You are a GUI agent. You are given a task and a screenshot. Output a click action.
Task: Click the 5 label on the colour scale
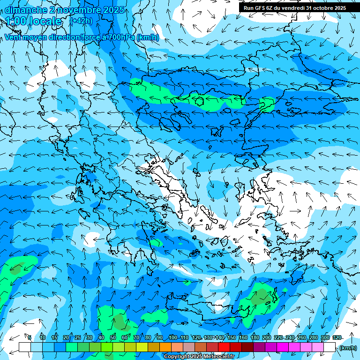click(x=30, y=337)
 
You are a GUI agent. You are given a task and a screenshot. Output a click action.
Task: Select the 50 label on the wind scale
click(x=113, y=337)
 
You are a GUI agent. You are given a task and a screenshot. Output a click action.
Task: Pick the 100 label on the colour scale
click(x=173, y=337)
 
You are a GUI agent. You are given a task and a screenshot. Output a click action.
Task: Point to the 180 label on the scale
click(x=255, y=337)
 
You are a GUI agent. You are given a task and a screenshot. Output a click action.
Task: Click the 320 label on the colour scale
click(x=337, y=337)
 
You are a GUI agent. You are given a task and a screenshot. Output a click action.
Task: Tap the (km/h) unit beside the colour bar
click(x=348, y=347)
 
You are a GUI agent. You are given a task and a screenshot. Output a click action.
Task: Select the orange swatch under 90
click(x=165, y=347)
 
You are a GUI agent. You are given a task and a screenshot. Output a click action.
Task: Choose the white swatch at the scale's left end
click(x=25, y=347)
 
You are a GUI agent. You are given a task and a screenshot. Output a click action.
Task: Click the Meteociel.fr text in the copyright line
click(x=220, y=357)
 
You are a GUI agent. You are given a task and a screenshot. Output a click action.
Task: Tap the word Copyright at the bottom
click(x=178, y=357)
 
